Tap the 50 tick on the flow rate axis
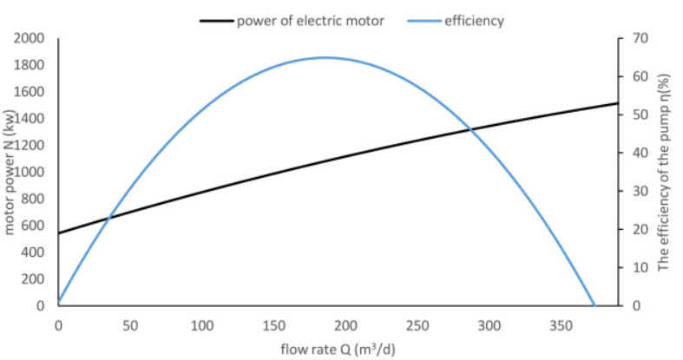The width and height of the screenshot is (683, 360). coord(130,326)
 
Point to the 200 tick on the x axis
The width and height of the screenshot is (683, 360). coord(346,326)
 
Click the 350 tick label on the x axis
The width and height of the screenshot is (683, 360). coord(562,326)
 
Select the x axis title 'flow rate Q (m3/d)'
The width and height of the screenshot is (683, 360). coord(338,349)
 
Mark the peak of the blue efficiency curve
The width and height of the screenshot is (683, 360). coord(325,57)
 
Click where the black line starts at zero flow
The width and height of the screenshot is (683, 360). coord(59,232)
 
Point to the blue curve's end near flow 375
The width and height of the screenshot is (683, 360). coord(594,305)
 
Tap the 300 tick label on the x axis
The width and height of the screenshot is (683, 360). coord(490,326)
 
